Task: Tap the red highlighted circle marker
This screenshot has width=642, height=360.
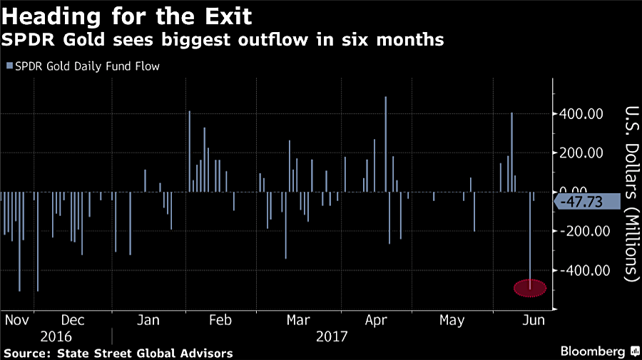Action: [530, 288]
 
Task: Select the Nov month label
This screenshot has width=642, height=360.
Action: [15, 321]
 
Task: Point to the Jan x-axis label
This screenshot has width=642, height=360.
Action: [148, 321]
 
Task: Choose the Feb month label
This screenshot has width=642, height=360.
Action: [221, 321]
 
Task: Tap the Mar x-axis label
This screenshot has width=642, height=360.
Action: [297, 321]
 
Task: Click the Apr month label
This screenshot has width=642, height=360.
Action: [375, 321]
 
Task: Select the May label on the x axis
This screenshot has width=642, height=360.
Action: [452, 321]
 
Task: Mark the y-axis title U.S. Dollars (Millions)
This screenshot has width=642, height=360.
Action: [631, 192]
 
